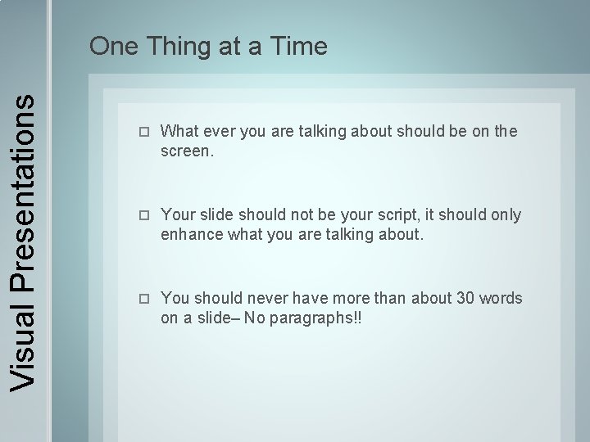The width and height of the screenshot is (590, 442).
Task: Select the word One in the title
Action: tap(113, 47)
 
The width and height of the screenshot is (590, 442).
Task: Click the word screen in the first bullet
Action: tap(185, 151)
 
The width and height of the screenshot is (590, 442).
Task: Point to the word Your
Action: tap(177, 214)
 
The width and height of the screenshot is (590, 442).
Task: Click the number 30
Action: tap(465, 298)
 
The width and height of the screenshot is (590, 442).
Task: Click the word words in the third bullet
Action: tap(501, 298)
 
